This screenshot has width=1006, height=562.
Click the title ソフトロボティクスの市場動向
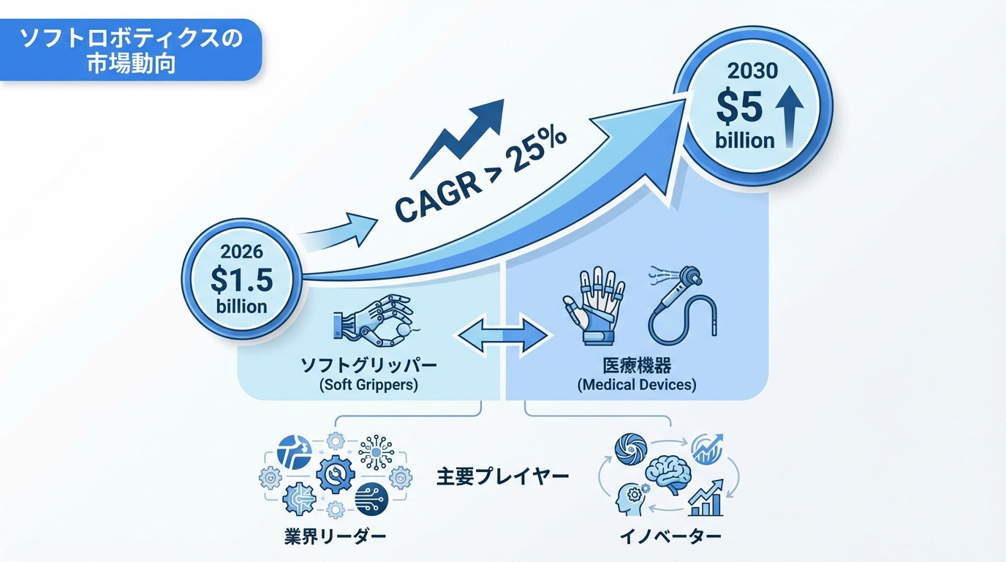pos(130,49)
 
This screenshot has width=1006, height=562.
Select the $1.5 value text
pos(241,280)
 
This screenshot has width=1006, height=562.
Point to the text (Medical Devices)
pos(636,383)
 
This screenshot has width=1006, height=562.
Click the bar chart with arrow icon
pos(706,498)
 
